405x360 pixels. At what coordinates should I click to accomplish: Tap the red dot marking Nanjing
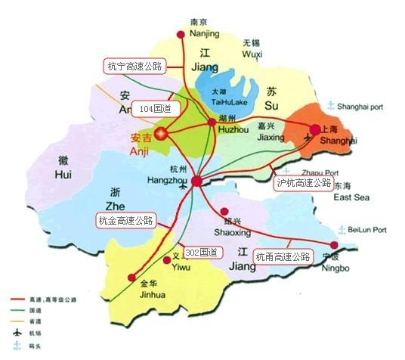(180, 35)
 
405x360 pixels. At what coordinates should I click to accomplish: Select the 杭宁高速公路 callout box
(134, 66)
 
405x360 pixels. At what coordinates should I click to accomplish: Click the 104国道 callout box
(156, 109)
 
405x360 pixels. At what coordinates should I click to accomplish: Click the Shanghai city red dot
(315, 129)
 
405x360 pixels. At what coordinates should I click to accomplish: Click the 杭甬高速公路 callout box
(283, 257)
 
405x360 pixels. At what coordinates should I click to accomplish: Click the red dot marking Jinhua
(131, 278)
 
